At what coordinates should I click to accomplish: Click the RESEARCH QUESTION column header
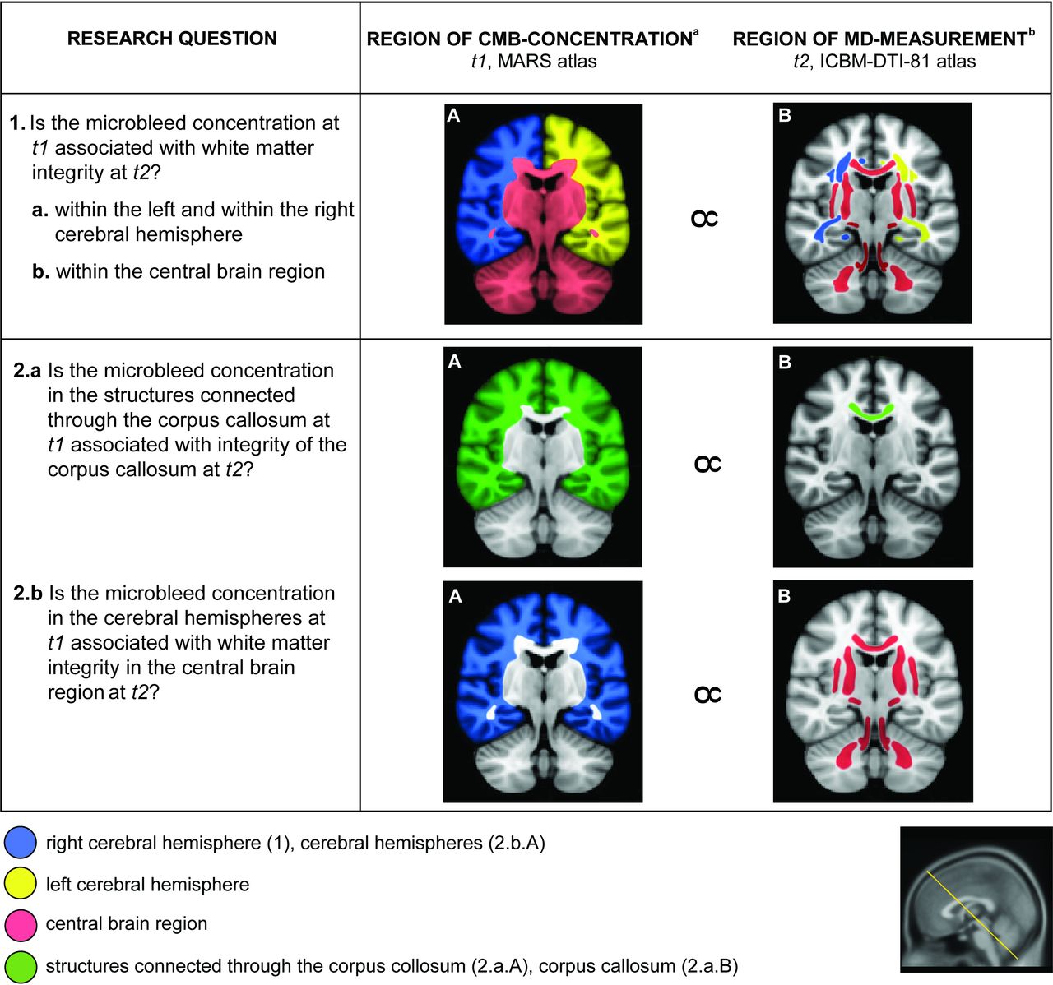pyautogui.click(x=172, y=39)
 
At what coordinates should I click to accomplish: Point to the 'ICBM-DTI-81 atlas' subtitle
pyautogui.click(x=901, y=62)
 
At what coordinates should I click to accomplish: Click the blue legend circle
pyautogui.click(x=21, y=844)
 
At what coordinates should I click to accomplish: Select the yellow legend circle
pyautogui.click(x=21, y=884)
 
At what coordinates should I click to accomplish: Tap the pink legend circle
pyautogui.click(x=21, y=925)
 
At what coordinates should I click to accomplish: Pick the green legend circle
pyautogui.click(x=21, y=966)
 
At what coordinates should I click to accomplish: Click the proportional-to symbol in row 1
pyautogui.click(x=705, y=218)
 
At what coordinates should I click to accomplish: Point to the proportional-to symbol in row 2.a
pyautogui.click(x=707, y=465)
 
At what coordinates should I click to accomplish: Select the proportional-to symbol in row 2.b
pyautogui.click(x=707, y=696)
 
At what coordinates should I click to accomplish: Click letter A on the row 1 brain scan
pyautogui.click(x=453, y=116)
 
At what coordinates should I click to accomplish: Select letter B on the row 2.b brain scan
pyautogui.click(x=784, y=595)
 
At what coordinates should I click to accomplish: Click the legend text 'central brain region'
pyautogui.click(x=127, y=924)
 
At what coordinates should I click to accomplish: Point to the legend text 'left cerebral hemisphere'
pyautogui.click(x=147, y=885)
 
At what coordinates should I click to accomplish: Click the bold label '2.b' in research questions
pyautogui.click(x=28, y=594)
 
